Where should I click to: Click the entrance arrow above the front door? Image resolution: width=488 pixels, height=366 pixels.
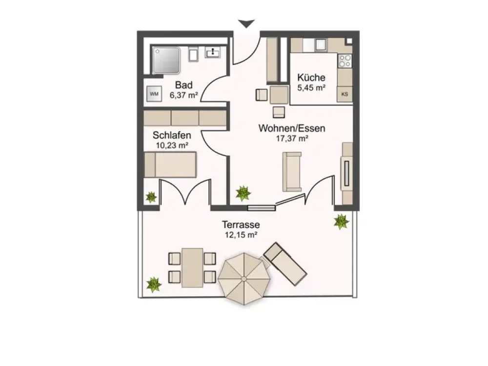(246, 23)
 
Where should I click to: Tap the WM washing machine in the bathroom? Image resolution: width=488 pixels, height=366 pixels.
(154, 94)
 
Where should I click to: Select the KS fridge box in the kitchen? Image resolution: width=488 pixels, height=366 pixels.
(345, 94)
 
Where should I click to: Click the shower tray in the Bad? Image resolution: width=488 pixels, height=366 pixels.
(166, 61)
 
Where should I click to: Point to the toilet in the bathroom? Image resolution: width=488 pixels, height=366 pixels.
(194, 55)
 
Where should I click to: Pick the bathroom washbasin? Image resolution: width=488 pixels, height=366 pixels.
(213, 52)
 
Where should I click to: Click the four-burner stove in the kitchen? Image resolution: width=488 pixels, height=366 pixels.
(345, 61)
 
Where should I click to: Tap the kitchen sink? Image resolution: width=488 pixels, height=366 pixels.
(320, 44)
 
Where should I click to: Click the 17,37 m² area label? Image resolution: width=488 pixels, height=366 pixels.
(292, 139)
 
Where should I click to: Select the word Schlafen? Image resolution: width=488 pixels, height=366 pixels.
(172, 135)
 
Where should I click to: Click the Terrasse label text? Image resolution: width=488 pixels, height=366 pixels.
(241, 224)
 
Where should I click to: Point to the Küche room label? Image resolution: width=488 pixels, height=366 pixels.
(311, 77)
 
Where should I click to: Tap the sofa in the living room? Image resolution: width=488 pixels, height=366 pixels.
(292, 171)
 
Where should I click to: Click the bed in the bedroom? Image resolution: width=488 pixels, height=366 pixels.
(170, 164)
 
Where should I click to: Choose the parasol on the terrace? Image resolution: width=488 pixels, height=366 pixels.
(244, 279)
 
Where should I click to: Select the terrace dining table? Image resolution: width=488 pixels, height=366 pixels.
(192, 267)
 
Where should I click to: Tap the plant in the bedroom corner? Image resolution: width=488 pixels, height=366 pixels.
(151, 197)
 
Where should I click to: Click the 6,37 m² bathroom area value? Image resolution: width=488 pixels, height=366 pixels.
(184, 95)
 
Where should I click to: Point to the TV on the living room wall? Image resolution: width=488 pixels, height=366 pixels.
(346, 173)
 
